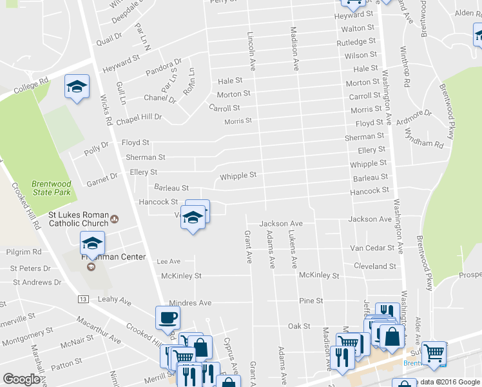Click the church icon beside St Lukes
tap(115, 219)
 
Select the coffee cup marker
tap(168, 318)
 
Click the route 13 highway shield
tap(82, 299)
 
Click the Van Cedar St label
tap(372, 248)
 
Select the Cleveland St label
tap(374, 266)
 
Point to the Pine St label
tap(311, 301)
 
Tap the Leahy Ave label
tap(114, 301)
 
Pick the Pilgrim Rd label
tap(23, 252)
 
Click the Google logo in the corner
tap(21, 379)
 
